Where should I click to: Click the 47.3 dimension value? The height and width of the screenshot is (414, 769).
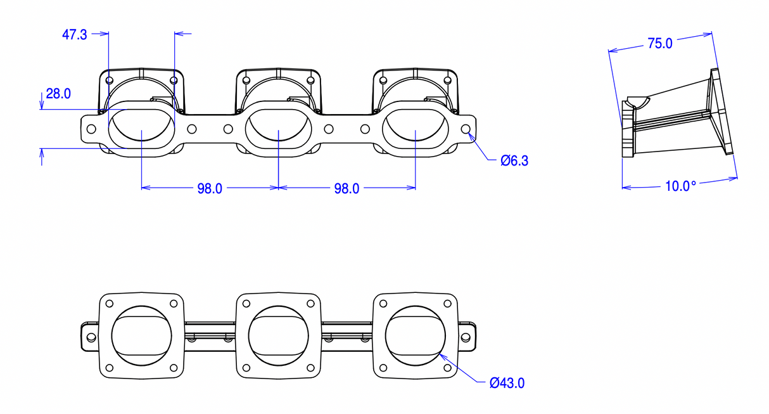tap(75, 34)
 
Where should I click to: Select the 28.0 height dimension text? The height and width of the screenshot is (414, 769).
tap(58, 94)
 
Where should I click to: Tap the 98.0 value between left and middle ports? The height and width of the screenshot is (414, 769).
tap(210, 188)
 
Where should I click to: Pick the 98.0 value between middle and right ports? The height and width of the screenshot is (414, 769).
tap(346, 188)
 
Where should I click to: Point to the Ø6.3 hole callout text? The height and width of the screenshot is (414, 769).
tap(514, 161)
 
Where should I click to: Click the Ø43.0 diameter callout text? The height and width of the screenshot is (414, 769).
tap(507, 383)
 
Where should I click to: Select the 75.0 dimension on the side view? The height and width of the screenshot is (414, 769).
tap(659, 44)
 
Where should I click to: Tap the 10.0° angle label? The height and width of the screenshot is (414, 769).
tap(680, 186)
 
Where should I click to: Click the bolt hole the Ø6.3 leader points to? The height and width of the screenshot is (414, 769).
tap(466, 129)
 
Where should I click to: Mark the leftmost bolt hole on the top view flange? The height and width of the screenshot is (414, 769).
tap(91, 129)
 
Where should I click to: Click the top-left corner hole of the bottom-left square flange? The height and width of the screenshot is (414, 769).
tap(109, 303)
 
